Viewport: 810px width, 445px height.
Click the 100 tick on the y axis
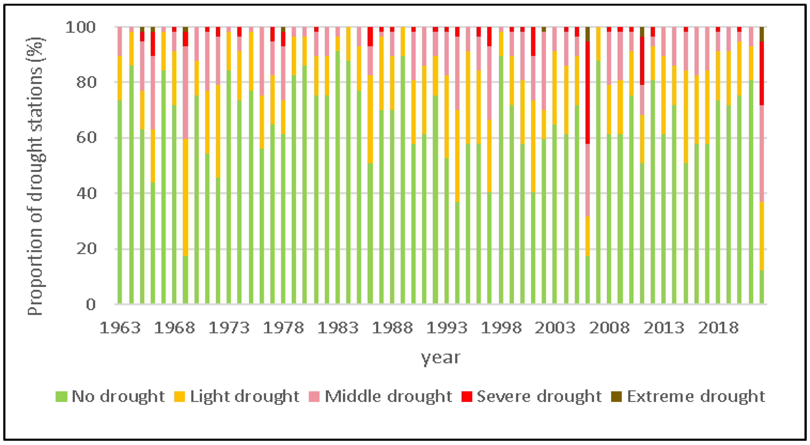click(80, 28)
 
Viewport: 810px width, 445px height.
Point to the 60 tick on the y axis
click(86, 138)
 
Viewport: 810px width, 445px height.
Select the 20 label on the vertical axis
click(86, 249)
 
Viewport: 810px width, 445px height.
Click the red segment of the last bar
click(762, 73)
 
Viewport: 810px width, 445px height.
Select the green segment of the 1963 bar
click(119, 201)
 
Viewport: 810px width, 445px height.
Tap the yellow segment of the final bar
click(762, 236)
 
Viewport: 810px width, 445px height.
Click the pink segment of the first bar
click(119, 41)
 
